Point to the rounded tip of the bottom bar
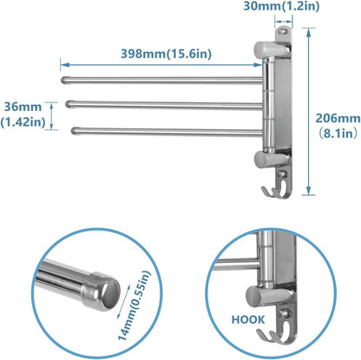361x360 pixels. [75, 131]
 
